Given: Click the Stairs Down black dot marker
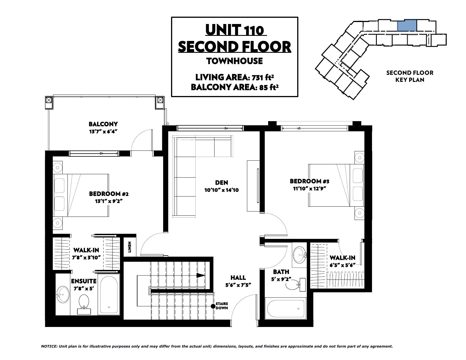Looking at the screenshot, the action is click(x=213, y=306).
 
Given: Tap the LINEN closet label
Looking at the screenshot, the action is click(x=130, y=247).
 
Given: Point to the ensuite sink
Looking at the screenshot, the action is click(x=63, y=294).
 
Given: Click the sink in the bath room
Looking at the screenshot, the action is click(x=300, y=255).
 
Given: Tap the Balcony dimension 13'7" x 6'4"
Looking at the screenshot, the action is click(x=103, y=132).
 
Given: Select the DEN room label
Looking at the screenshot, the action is click(x=222, y=183).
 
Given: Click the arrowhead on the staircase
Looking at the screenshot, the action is click(x=201, y=276).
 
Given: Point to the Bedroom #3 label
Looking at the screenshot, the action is click(x=309, y=181).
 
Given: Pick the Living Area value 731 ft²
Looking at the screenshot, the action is click(x=263, y=77).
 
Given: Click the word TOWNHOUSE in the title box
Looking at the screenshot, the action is click(x=235, y=61).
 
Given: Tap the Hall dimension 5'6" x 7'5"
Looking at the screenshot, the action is click(x=238, y=285).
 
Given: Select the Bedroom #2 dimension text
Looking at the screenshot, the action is click(x=109, y=201).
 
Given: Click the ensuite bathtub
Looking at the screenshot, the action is click(x=109, y=294).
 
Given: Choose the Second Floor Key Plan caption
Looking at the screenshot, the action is click(x=410, y=76).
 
